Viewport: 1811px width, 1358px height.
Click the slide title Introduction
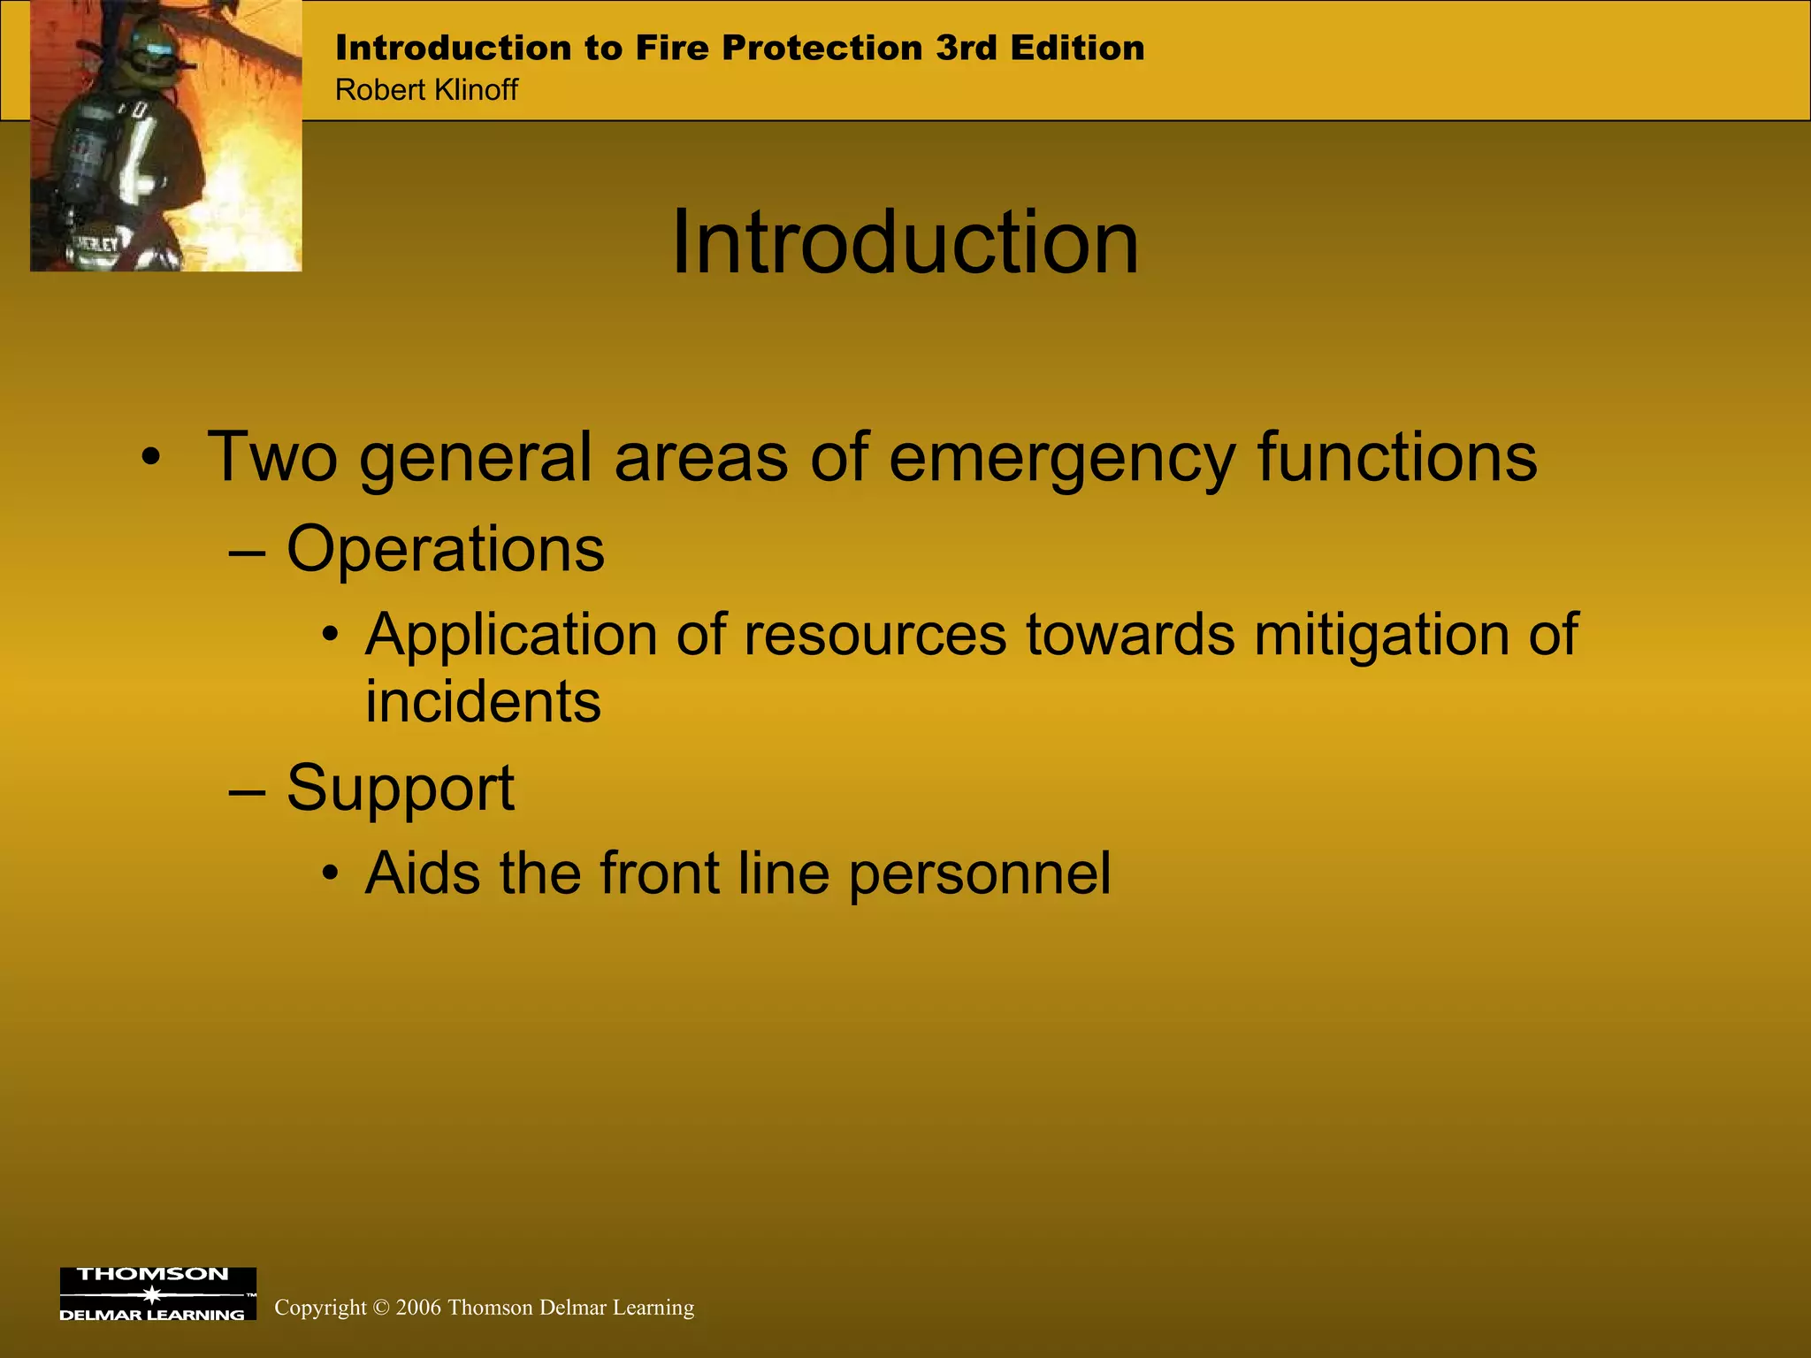pos(905,242)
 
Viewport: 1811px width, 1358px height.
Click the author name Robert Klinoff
pos(426,90)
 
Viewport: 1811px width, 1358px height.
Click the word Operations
pos(446,550)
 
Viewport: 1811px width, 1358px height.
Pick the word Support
pos(401,789)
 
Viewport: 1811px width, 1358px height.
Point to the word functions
pos(1397,457)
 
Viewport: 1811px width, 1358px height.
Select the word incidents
pos(483,702)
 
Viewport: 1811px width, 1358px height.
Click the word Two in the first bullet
pos(271,457)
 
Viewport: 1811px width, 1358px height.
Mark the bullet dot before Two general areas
pos(151,459)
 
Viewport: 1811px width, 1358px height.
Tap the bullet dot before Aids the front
pos(330,874)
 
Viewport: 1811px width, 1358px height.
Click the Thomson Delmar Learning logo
pos(157,1293)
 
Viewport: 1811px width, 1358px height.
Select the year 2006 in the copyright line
pos(418,1308)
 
